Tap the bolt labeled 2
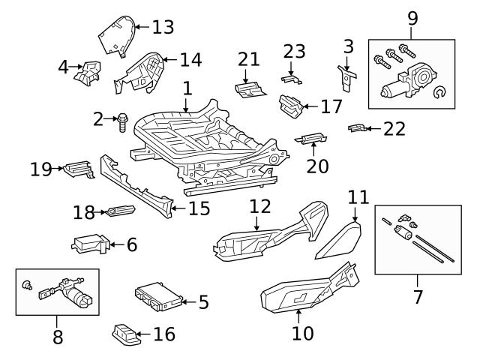point(121,121)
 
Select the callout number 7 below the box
point(418,296)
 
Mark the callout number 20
point(317,165)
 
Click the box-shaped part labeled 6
point(89,244)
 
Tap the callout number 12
point(259,205)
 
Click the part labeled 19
point(76,169)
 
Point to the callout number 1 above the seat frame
point(187,88)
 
